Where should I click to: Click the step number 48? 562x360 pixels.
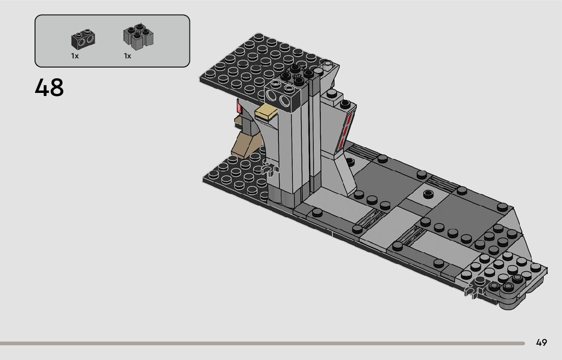tap(49, 87)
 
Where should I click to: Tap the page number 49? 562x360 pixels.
tap(541, 342)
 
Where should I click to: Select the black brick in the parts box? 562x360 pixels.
tap(83, 40)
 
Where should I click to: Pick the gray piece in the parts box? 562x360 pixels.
tap(138, 37)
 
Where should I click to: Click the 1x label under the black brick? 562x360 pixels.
tap(75, 56)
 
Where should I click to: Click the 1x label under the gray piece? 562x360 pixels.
tap(128, 56)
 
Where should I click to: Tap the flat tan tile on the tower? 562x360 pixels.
tap(266, 112)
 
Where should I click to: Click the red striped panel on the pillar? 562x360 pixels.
tap(347, 129)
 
